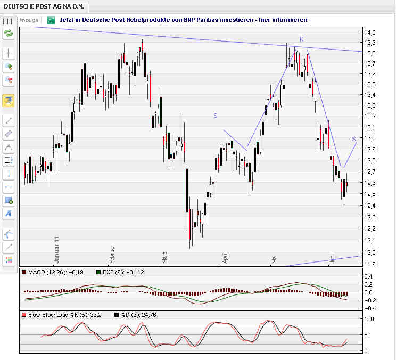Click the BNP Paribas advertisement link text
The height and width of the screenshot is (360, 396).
click(184, 20)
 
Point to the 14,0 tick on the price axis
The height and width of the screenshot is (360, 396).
click(370, 33)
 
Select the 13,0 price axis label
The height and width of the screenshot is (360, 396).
click(370, 138)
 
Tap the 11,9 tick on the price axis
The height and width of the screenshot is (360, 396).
click(370, 264)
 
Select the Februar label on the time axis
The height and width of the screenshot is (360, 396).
click(112, 255)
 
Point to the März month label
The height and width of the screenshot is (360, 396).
click(165, 257)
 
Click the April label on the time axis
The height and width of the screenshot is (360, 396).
click(225, 257)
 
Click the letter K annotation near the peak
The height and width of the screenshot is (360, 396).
click(301, 39)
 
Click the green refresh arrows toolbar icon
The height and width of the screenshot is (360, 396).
click(8, 34)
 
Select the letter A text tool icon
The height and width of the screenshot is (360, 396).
click(8, 214)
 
